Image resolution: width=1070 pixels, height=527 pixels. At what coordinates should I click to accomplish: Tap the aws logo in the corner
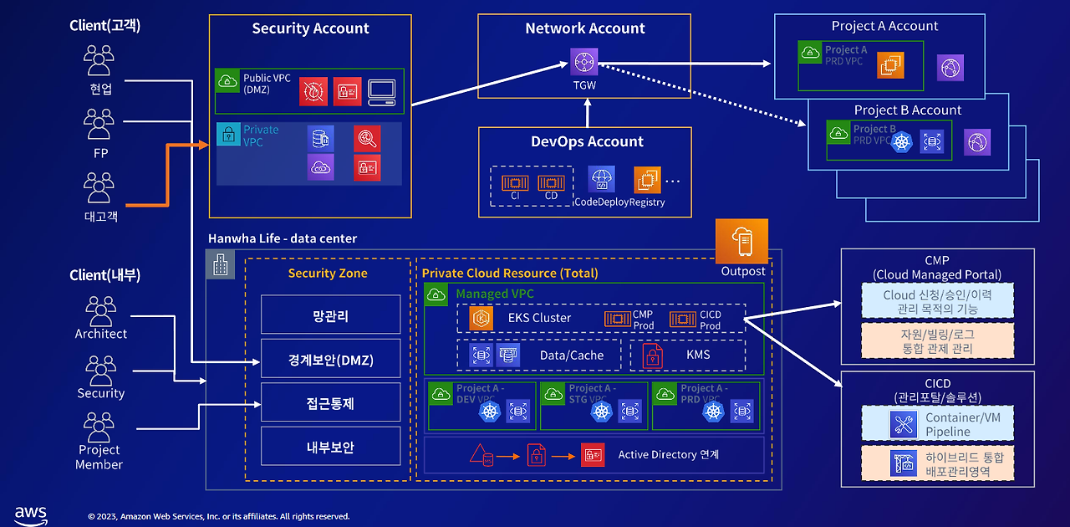pos(31,514)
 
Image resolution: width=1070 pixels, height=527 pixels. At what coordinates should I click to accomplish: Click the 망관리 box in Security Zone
pos(330,315)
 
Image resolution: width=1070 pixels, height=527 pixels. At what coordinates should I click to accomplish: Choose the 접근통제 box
pos(330,403)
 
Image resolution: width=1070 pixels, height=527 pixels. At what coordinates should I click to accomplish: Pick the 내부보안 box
pos(330,447)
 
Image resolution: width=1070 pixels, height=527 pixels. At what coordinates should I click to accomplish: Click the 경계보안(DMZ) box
pos(330,360)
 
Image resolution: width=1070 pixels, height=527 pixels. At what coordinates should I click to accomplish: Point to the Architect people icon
pos(101,311)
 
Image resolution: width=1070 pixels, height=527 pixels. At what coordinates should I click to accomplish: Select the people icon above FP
pos(99,124)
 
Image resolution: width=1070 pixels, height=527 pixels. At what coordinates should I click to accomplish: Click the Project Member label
pos(99,457)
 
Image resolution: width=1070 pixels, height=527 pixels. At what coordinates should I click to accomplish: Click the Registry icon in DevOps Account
pos(647,179)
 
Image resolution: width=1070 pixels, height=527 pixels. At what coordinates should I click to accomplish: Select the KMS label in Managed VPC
pos(698,355)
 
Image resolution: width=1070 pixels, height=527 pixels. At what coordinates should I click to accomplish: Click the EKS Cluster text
pos(539,318)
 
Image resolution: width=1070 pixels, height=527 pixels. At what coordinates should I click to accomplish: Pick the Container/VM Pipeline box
pos(937,424)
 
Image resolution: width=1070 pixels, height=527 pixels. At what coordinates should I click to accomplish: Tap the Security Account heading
pos(310,28)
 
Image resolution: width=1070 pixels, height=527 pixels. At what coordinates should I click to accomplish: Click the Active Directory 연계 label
pos(668,454)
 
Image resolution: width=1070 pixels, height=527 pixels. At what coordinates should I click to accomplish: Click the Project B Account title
pos(907,110)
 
